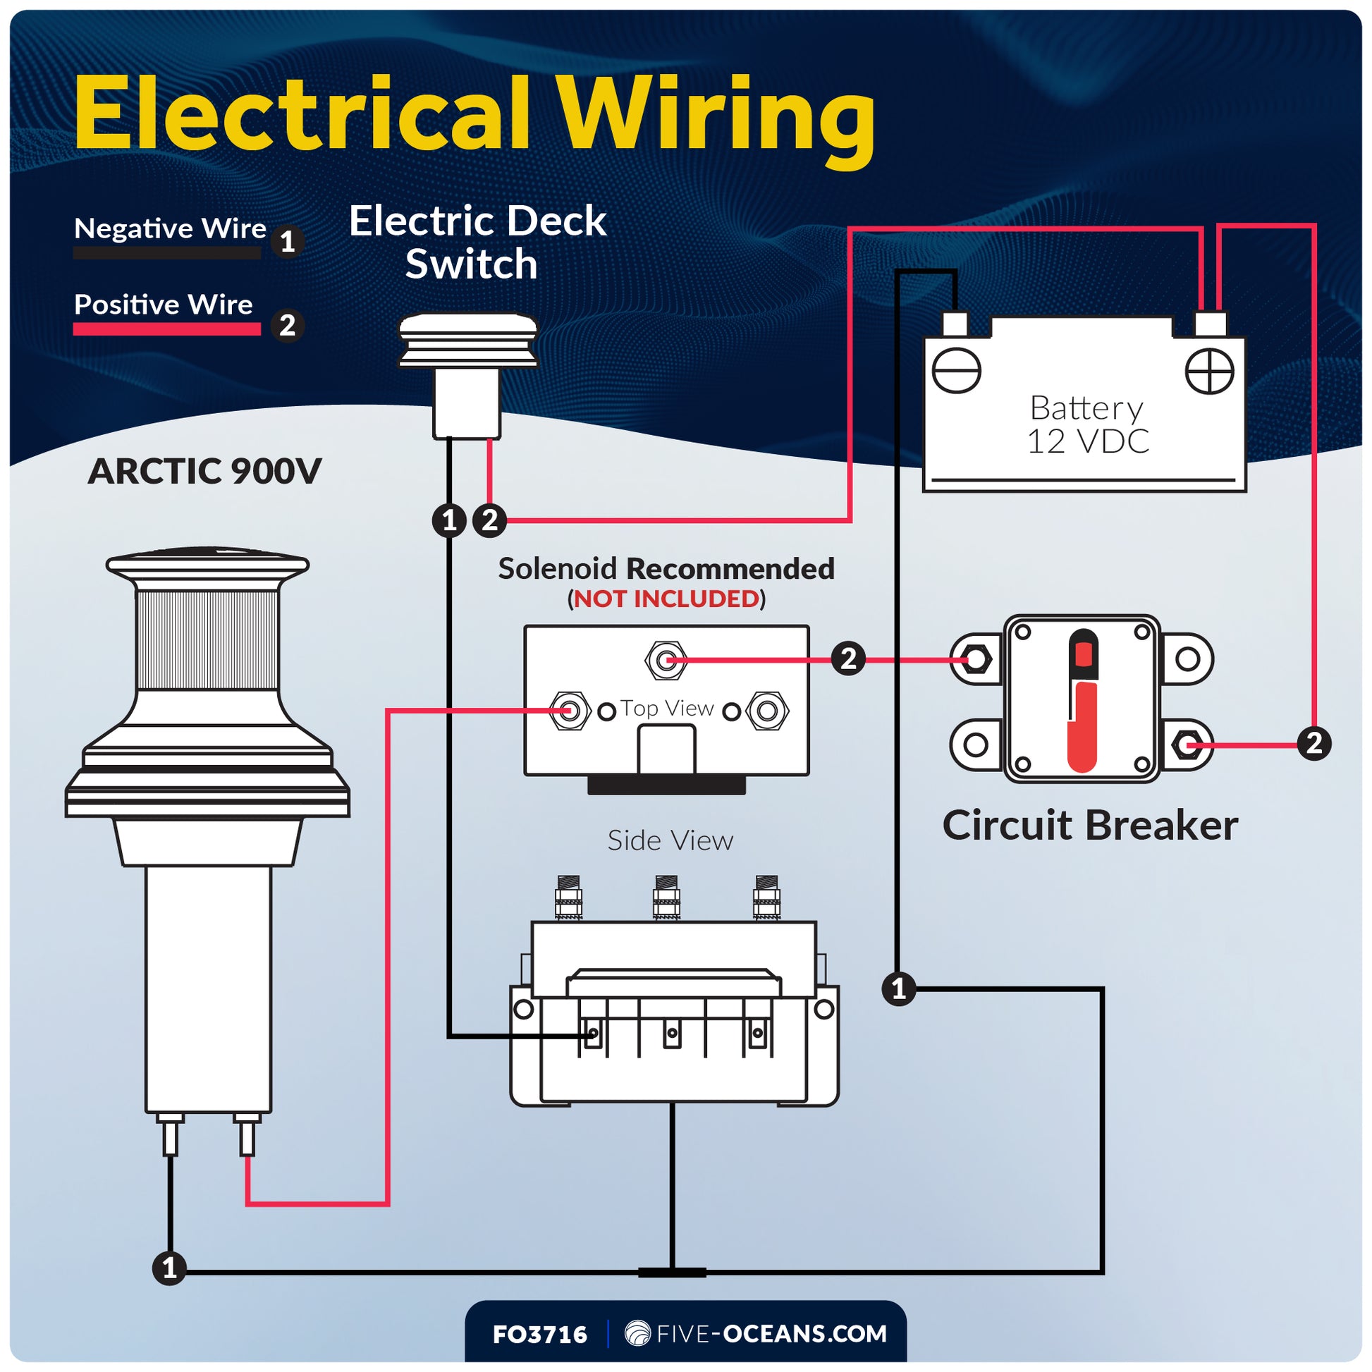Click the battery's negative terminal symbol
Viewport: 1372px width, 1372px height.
point(956,371)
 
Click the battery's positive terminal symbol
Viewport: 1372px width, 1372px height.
point(1209,371)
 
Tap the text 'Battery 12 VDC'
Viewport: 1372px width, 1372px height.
point(1086,424)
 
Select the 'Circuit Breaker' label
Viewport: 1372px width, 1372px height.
point(1089,825)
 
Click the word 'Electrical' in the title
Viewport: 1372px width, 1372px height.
point(302,115)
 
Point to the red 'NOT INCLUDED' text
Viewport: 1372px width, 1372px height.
point(666,599)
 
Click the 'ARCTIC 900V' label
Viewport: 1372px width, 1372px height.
point(204,471)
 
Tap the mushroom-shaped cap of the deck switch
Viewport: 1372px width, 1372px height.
point(467,339)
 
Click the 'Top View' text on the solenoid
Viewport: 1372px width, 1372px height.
point(667,708)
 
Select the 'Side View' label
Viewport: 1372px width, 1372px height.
point(670,840)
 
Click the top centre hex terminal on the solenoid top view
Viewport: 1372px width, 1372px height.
point(666,661)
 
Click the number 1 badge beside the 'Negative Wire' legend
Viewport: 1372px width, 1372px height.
point(288,242)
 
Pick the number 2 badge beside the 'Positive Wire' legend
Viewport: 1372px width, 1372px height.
point(288,326)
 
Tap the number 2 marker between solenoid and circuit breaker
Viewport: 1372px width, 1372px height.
point(848,659)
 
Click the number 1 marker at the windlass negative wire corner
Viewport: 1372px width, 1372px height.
point(169,1268)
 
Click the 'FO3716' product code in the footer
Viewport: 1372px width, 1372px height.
point(540,1335)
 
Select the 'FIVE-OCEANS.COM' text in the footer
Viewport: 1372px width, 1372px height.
point(771,1334)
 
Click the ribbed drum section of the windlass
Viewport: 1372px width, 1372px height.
point(207,639)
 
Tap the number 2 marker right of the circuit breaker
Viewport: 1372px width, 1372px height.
point(1313,744)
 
